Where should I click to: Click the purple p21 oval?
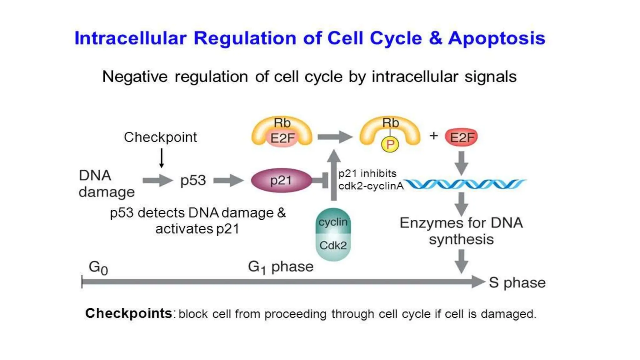pyautogui.click(x=281, y=180)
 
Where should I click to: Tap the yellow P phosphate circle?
pyautogui.click(x=390, y=144)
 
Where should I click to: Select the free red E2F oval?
pyautogui.click(x=461, y=137)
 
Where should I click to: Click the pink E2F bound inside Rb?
pyautogui.click(x=282, y=138)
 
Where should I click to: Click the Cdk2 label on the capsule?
pyautogui.click(x=333, y=246)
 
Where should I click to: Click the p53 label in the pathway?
pyautogui.click(x=193, y=180)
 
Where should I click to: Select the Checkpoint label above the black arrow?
pyautogui.click(x=160, y=137)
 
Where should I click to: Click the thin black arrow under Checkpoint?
pyautogui.click(x=162, y=158)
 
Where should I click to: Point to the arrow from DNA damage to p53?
pyautogui.click(x=157, y=180)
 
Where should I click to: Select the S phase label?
pyautogui.click(x=517, y=282)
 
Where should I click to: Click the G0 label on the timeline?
pyautogui.click(x=98, y=268)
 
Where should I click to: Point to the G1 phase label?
pyautogui.click(x=281, y=267)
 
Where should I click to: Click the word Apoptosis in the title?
pyautogui.click(x=497, y=38)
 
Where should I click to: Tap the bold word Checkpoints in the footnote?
pyautogui.click(x=128, y=313)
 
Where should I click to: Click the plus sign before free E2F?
pyautogui.click(x=433, y=136)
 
